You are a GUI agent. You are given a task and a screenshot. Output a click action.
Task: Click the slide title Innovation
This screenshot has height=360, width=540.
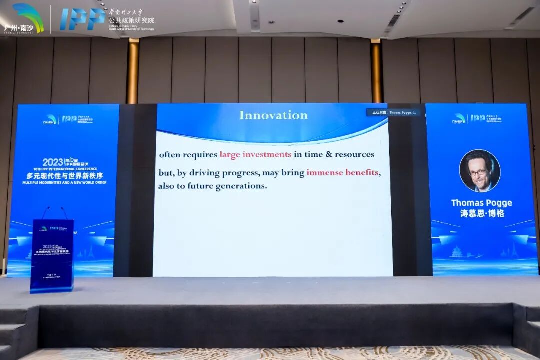tap(273, 115)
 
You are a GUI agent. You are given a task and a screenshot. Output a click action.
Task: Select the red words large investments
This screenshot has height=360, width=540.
tap(255, 154)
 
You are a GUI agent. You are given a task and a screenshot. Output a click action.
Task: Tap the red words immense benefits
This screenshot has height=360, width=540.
tap(342, 173)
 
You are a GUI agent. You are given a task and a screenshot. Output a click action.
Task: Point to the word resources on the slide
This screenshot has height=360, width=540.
tap(354, 154)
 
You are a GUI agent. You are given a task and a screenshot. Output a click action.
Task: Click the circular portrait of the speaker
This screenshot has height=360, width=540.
tap(480, 171)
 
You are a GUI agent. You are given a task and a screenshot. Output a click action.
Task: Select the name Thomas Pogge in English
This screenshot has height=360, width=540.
tap(481, 203)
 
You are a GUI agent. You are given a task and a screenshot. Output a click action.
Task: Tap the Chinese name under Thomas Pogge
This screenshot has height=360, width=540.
tap(481, 213)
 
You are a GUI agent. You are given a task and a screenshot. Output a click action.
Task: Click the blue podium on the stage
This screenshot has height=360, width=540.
tap(52, 255)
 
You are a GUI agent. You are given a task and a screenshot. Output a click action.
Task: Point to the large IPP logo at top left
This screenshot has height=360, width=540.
tap(82, 19)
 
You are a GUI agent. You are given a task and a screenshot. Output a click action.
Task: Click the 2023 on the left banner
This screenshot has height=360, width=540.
tap(53, 162)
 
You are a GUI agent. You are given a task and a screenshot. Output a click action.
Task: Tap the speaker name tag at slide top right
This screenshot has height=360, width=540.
tap(393, 113)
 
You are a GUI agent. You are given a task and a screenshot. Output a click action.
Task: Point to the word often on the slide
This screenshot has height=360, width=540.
tap(169, 154)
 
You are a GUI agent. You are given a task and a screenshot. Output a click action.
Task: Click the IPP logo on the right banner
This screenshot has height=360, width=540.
tap(478, 118)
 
